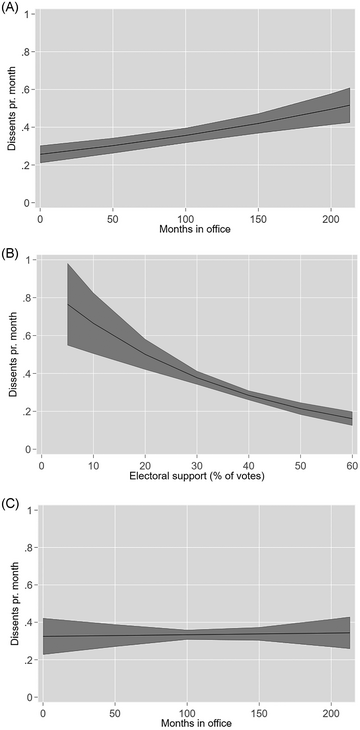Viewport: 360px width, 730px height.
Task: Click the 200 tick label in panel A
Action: (x=331, y=216)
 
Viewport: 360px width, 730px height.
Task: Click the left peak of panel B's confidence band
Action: (x=67, y=264)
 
